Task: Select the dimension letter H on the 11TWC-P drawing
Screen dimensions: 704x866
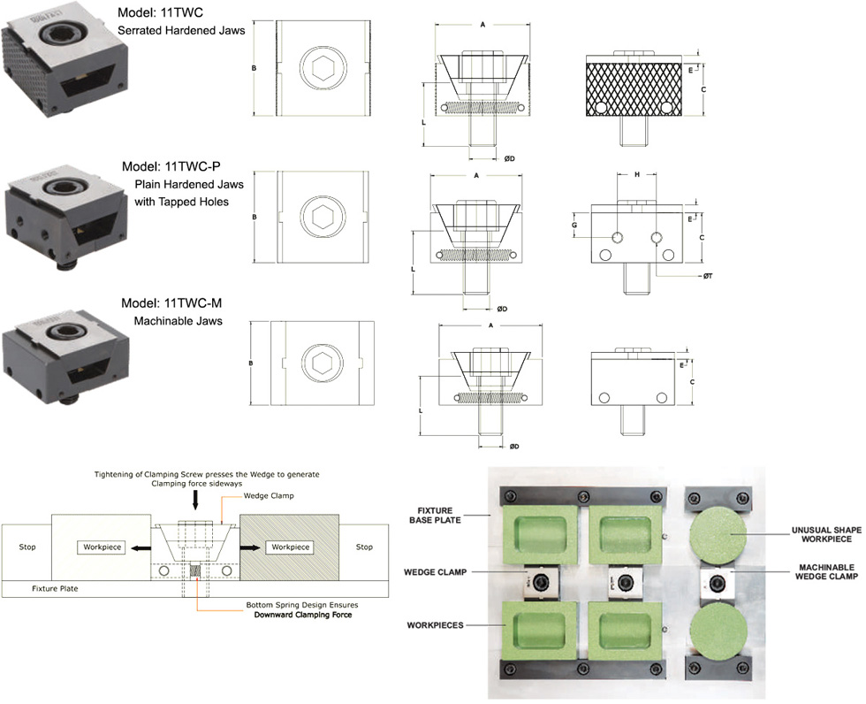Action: [x=636, y=175]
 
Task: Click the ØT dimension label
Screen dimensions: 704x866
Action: [x=709, y=277]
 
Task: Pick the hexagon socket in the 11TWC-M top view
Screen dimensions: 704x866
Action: [x=320, y=363]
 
